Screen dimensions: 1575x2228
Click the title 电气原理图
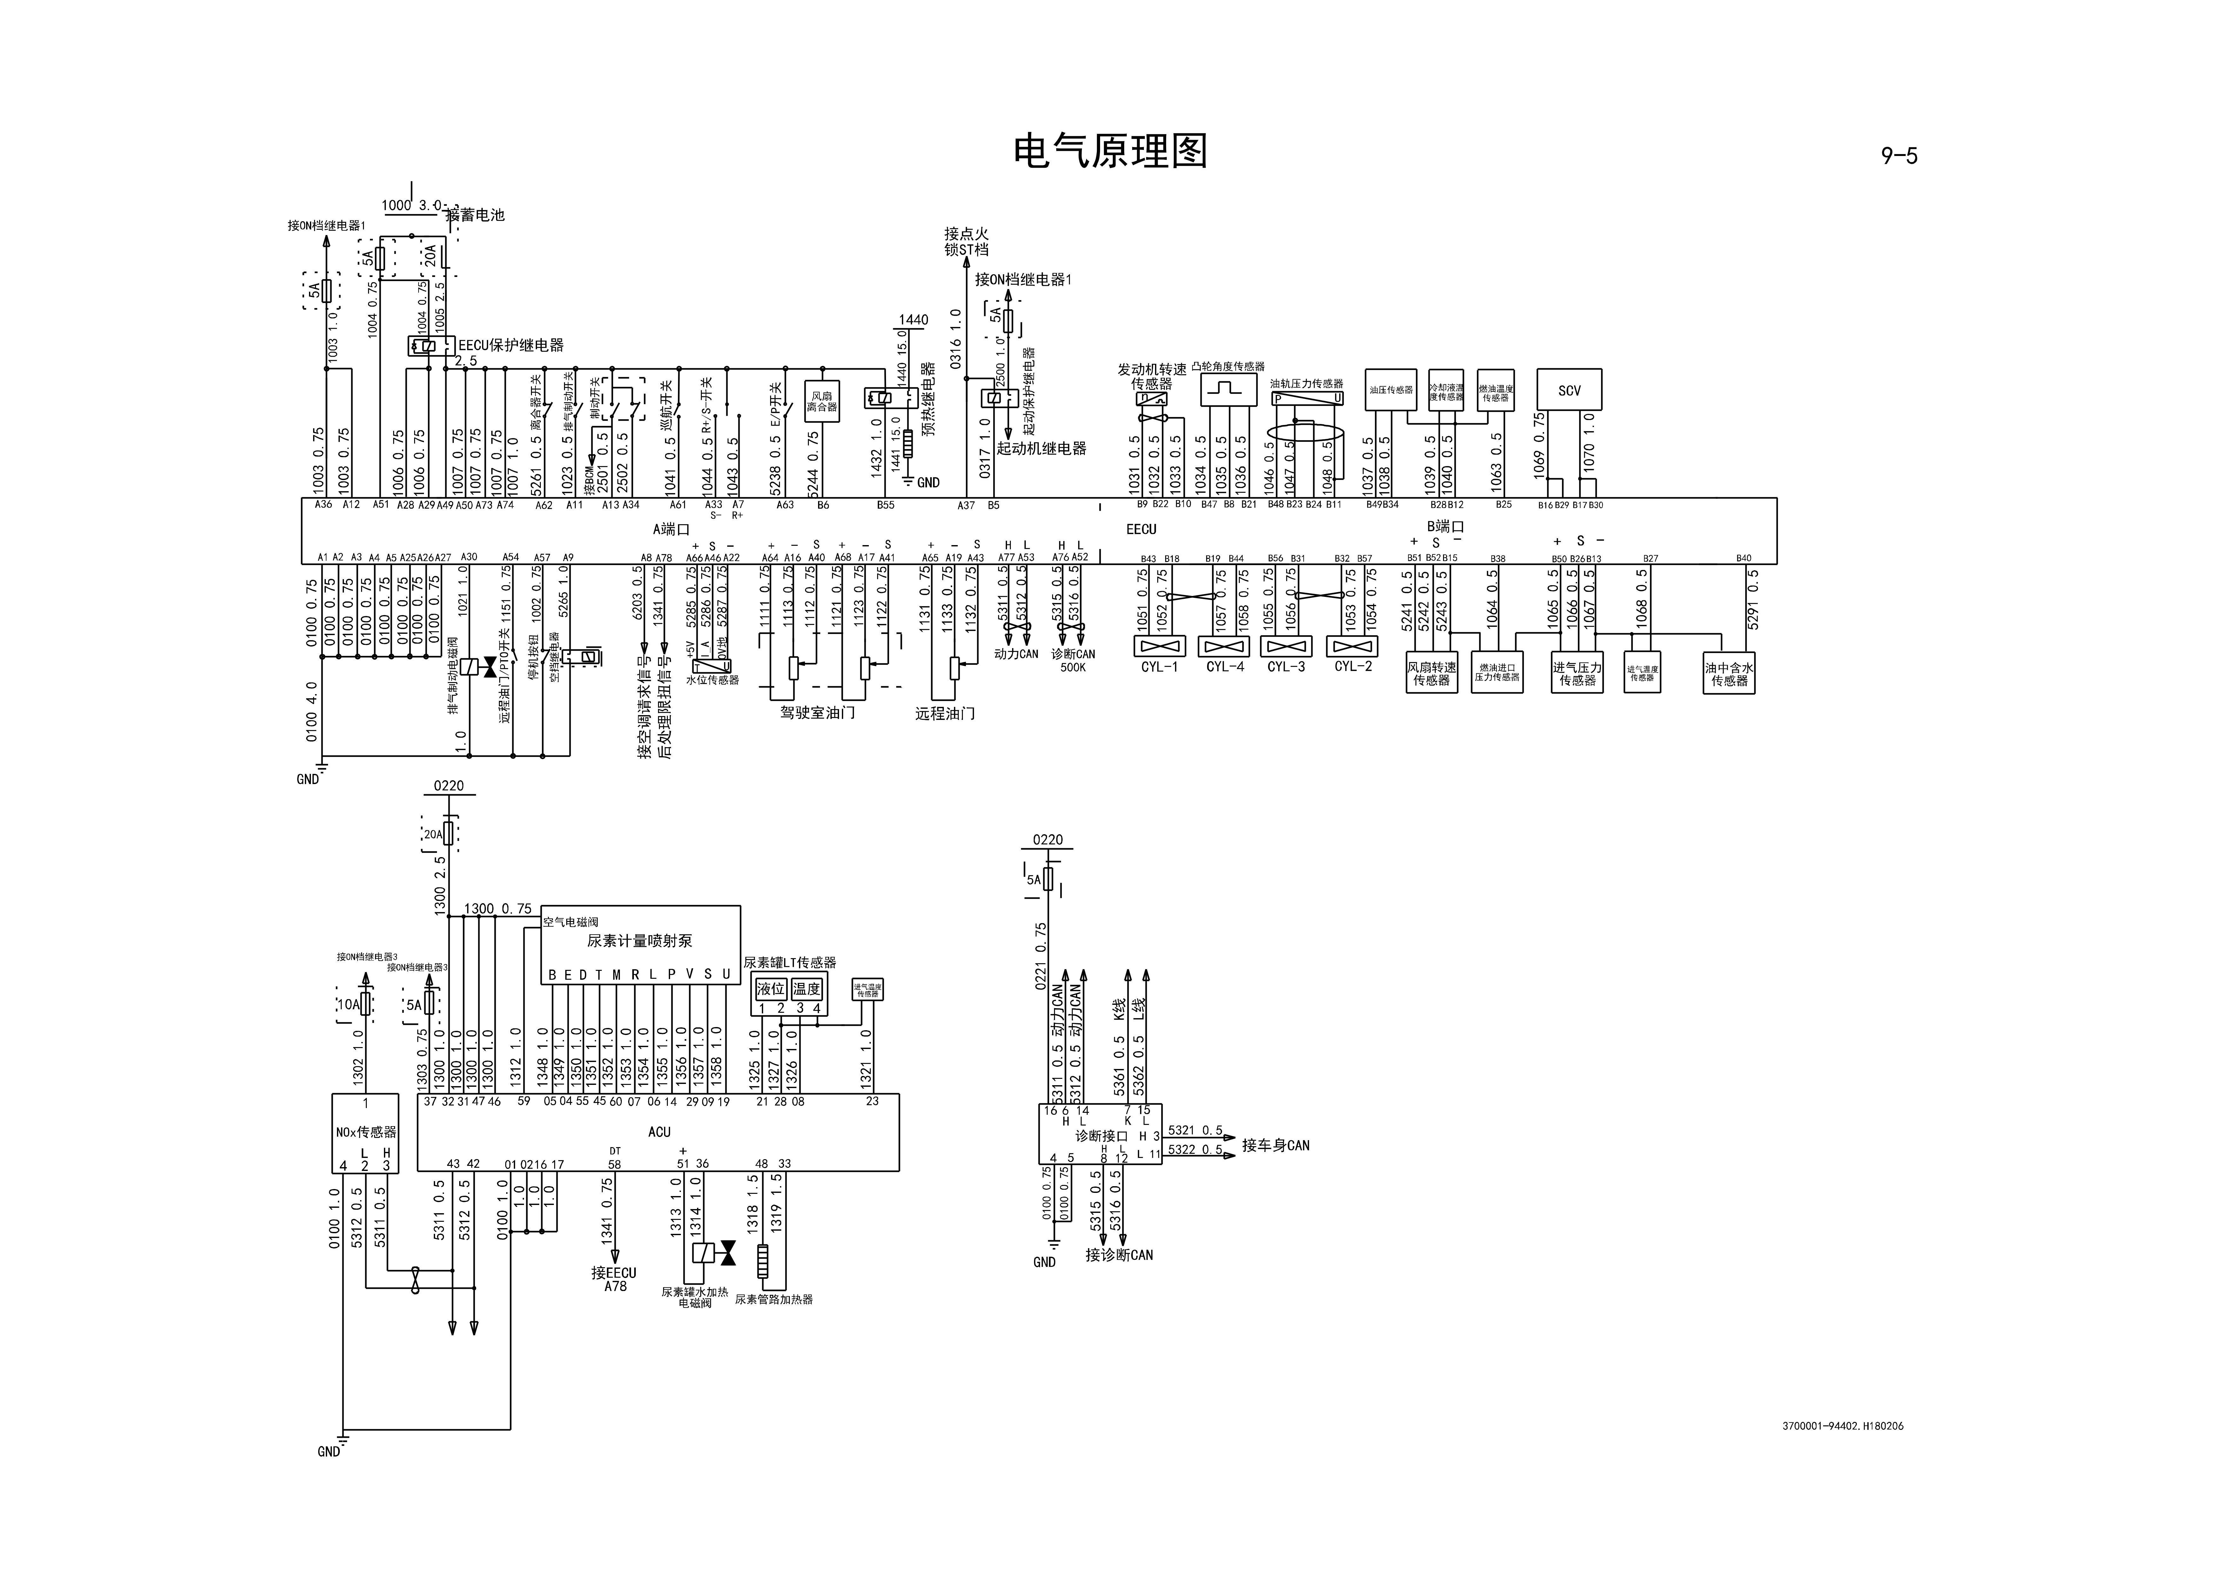1110,152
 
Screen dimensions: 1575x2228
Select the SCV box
1569,390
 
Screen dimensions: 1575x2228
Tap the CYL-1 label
1160,667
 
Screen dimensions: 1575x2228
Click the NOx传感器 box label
366,1132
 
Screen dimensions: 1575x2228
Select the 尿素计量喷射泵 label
640,940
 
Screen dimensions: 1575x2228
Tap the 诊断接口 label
1101,1135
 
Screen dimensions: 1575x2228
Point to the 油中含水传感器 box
1729,674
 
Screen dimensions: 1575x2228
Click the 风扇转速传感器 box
1431,674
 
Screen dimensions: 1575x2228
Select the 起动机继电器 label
1041,448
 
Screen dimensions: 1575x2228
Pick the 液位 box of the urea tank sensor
770,989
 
